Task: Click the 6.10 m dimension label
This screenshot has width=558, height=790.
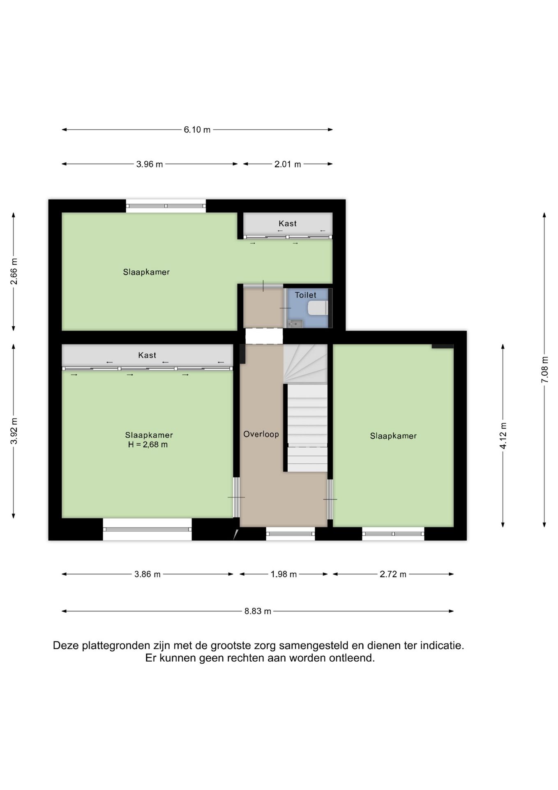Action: pyautogui.click(x=197, y=130)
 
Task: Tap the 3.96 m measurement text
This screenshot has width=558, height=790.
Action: pyautogui.click(x=150, y=164)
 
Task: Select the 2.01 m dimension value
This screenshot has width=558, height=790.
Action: pyautogui.click(x=288, y=164)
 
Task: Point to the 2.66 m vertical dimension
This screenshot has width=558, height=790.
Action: pyautogui.click(x=14, y=272)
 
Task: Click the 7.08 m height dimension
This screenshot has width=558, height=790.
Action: pyautogui.click(x=544, y=369)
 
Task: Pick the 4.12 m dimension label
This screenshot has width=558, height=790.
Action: pyautogui.click(x=503, y=436)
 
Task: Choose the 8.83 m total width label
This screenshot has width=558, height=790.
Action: pyautogui.click(x=258, y=611)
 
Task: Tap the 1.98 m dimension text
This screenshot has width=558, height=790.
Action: pyautogui.click(x=284, y=574)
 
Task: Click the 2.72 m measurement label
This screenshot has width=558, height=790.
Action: pyautogui.click(x=393, y=574)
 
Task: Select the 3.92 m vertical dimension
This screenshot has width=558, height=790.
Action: pyautogui.click(x=14, y=431)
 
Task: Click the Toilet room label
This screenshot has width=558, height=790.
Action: pyautogui.click(x=306, y=295)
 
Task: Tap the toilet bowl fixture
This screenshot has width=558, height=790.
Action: pyautogui.click(x=318, y=308)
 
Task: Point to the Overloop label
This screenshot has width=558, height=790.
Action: pyautogui.click(x=261, y=434)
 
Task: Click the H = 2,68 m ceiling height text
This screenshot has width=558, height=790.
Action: pyautogui.click(x=148, y=444)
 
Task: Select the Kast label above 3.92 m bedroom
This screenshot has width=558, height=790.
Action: pyautogui.click(x=147, y=355)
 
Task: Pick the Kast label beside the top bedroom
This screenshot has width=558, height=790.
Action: pyautogui.click(x=288, y=223)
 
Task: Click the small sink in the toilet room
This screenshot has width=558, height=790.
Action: pyautogui.click(x=295, y=324)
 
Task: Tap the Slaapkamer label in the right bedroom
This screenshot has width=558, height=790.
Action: pyautogui.click(x=393, y=436)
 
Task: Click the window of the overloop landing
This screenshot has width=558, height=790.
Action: pyautogui.click(x=291, y=534)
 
